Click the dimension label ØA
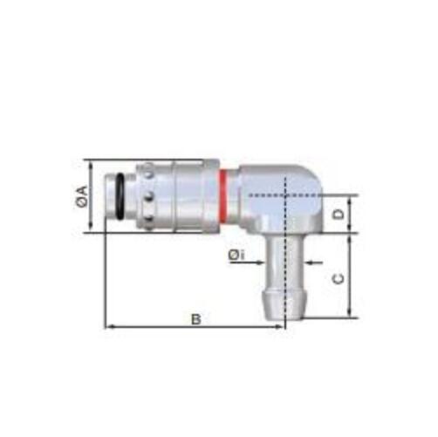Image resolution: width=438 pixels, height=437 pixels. coord(82,196)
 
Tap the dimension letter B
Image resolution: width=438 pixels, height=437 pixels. coord(196,319)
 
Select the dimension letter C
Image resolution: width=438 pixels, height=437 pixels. coord(338,278)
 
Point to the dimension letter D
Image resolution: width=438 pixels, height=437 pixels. coord(338,215)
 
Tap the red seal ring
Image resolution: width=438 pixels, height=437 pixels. coord(222,196)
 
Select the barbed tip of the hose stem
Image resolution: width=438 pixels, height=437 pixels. coord(285,305)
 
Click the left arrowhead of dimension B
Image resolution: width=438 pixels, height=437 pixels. coord(109,327)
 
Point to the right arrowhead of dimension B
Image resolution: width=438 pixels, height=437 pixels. coord(280,327)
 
